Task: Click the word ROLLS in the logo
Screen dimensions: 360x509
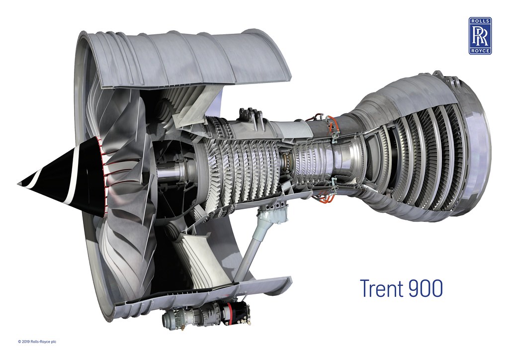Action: click(480, 21)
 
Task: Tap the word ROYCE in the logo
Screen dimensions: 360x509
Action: click(480, 51)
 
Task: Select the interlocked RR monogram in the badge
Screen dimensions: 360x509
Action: click(480, 36)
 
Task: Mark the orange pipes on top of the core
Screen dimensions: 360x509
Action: click(329, 124)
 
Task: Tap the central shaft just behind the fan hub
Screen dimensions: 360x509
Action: click(169, 174)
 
